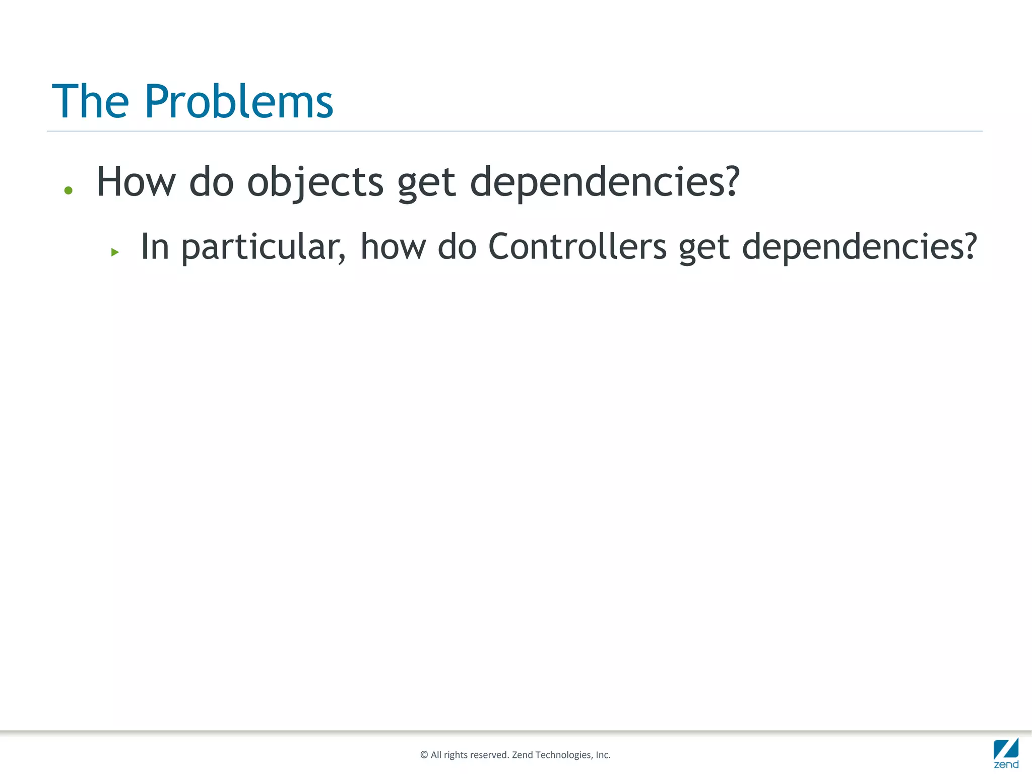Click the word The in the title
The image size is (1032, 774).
pos(91,102)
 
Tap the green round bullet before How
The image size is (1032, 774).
pos(69,190)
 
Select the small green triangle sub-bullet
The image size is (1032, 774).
pos(115,252)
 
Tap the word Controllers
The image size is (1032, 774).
pos(577,246)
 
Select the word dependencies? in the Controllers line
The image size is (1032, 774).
pos(859,247)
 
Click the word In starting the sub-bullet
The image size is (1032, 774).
pos(155,246)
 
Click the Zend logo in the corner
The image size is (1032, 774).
pos(1006,753)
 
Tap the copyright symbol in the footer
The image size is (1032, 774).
pos(424,755)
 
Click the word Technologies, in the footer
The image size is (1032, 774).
pos(564,755)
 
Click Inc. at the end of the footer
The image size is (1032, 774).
pos(603,755)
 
